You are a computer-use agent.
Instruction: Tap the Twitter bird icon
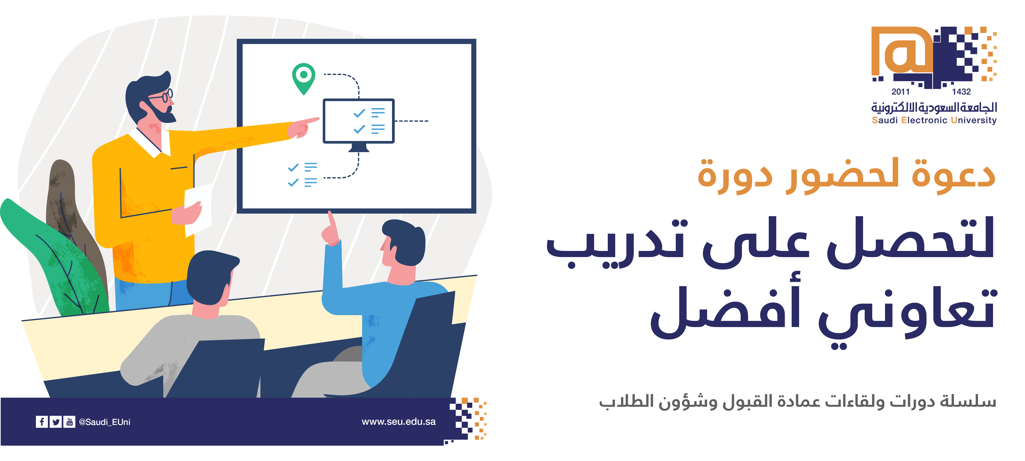(56, 422)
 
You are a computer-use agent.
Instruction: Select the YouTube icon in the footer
(69, 422)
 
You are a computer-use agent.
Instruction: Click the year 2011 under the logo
(900, 92)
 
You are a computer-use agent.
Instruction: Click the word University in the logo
(974, 120)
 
